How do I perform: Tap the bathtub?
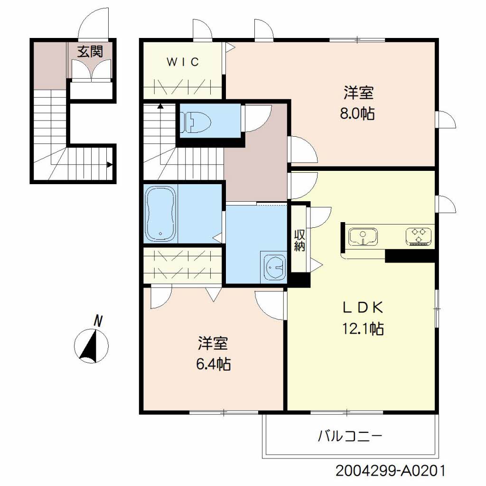click(x=160, y=214)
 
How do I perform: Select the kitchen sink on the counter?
click(x=363, y=237)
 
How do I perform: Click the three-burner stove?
click(x=419, y=236)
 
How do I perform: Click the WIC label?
click(x=183, y=62)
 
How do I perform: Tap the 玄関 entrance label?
click(x=90, y=51)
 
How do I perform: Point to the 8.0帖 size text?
click(x=357, y=114)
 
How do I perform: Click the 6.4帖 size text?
click(x=213, y=364)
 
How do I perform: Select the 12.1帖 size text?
click(x=363, y=328)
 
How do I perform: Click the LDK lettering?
click(x=363, y=308)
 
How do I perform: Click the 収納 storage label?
click(x=299, y=241)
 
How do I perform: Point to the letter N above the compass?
click(x=98, y=321)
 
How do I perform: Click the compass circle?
click(x=92, y=346)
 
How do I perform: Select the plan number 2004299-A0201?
click(x=391, y=471)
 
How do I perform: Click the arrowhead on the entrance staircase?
click(x=110, y=165)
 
